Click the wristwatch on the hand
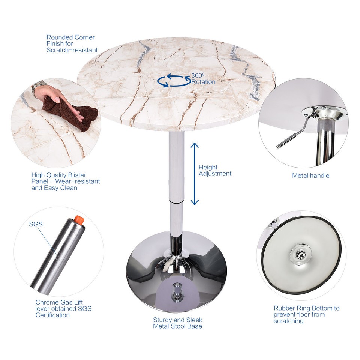[x=39, y=87]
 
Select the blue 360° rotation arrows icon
[x=173, y=80]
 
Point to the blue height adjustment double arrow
[x=194, y=173]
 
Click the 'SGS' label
[x=36, y=224]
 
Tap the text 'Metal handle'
[x=310, y=175]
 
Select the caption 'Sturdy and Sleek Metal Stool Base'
[x=177, y=323]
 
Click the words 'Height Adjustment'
[x=215, y=171]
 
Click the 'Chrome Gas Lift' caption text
[x=63, y=308]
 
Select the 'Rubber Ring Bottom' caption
[x=306, y=314]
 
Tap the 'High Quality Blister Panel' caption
[x=66, y=181]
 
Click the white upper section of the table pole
[x=176, y=165]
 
